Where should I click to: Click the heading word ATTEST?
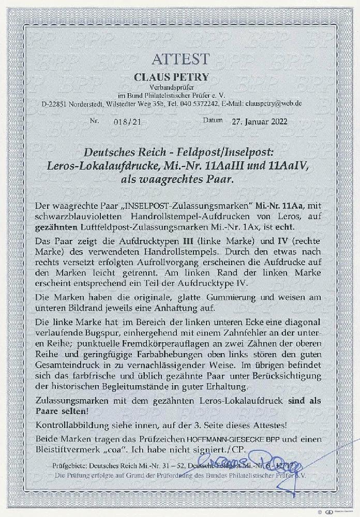pos(180,58)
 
